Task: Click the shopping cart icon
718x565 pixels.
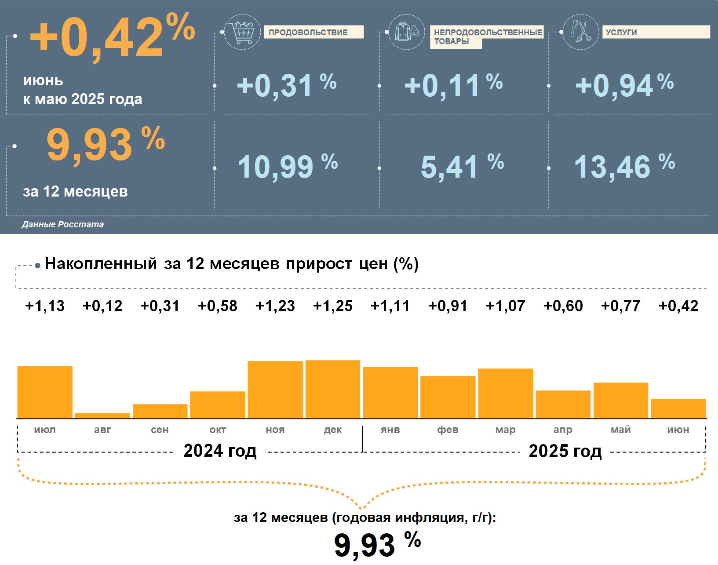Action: pos(242,32)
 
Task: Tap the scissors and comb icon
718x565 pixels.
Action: pos(580,32)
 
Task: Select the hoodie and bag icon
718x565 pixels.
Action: pos(407,32)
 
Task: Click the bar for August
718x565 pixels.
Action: pos(102,416)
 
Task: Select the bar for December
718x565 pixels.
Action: pos(332,389)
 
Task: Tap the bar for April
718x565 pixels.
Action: pos(563,404)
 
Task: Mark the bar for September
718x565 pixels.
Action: pos(160,411)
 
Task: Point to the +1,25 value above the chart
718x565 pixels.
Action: pos(332,306)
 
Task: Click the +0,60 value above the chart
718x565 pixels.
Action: pos(563,306)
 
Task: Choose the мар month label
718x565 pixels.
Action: pos(505,430)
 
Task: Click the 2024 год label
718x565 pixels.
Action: pos(220,451)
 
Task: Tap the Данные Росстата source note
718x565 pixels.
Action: pos(63,224)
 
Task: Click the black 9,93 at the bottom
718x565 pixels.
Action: pos(365,545)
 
